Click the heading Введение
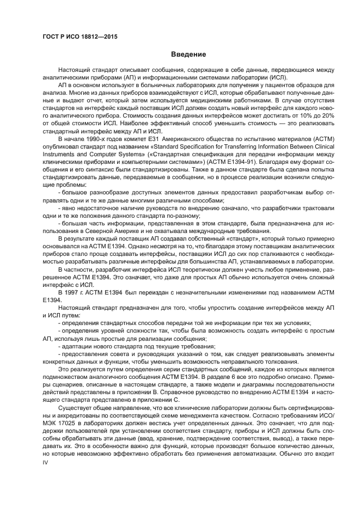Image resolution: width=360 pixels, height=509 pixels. (188, 54)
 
